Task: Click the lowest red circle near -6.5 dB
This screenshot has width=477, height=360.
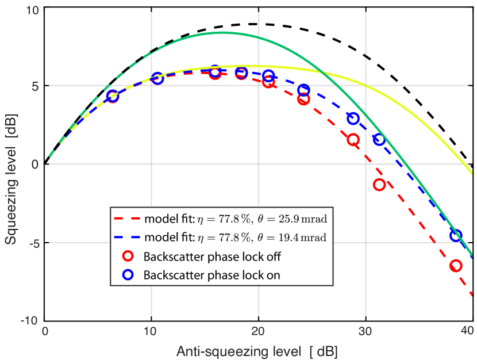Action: click(456, 266)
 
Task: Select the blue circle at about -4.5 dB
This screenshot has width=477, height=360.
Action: click(455, 236)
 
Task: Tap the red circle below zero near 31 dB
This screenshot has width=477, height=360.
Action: click(379, 185)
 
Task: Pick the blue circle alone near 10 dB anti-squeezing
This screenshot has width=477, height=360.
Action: click(157, 79)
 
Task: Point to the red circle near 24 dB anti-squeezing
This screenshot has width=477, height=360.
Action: click(304, 99)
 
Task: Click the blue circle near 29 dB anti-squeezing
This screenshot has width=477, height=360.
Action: click(353, 118)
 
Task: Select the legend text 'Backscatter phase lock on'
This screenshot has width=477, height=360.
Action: click(212, 275)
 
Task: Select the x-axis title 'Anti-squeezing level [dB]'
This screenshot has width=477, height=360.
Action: click(257, 350)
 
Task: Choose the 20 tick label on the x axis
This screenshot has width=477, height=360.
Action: click(258, 332)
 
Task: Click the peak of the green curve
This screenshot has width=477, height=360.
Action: click(223, 33)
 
